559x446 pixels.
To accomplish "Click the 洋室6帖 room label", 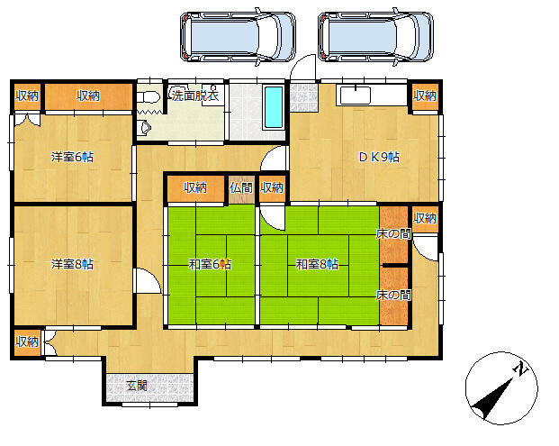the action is pyautogui.click(x=72, y=157).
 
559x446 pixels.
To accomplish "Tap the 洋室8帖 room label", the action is pyautogui.click(x=72, y=264).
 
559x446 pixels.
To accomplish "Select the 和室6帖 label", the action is pyautogui.click(x=210, y=264).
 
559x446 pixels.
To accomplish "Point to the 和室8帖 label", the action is pyautogui.click(x=317, y=264).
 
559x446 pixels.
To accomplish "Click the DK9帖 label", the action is pyautogui.click(x=379, y=157).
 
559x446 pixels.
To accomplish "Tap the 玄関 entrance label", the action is pyautogui.click(x=137, y=386).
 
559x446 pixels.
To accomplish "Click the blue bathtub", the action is pyautogui.click(x=274, y=107).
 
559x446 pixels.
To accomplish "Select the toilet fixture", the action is pyautogui.click(x=149, y=97).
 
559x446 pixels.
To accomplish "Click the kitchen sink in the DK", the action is pyautogui.click(x=355, y=96).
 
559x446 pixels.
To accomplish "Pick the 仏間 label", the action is pyautogui.click(x=241, y=187).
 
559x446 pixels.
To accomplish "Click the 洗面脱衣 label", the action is pyautogui.click(x=195, y=96).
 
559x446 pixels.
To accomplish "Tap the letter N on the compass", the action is pyautogui.click(x=521, y=369).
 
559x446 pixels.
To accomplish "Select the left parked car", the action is pyautogui.click(x=238, y=37).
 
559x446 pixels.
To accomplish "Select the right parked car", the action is pyautogui.click(x=375, y=37).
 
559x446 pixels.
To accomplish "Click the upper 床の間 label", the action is pyautogui.click(x=393, y=233).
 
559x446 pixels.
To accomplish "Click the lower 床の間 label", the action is pyautogui.click(x=393, y=295).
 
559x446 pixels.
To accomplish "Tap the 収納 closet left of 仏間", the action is pyautogui.click(x=195, y=187).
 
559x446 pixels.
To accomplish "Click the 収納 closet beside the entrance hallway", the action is pyautogui.click(x=27, y=341).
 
